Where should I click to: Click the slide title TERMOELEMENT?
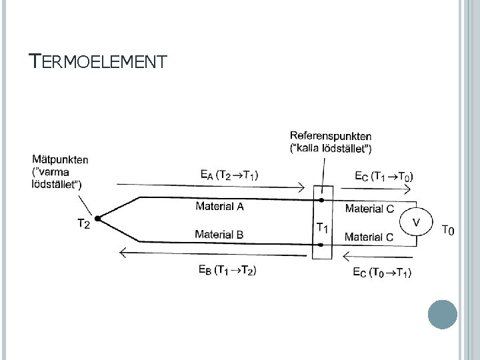click(x=98, y=63)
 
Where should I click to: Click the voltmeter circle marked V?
click(x=417, y=222)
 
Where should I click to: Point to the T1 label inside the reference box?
click(x=322, y=227)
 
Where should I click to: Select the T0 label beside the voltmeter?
click(x=449, y=231)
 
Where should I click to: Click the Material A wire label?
click(x=219, y=206)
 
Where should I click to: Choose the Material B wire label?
click(x=219, y=234)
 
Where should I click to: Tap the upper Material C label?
click(x=369, y=209)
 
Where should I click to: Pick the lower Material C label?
click(x=369, y=237)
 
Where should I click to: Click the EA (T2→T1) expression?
click(x=230, y=175)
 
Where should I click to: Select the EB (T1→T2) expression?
click(x=227, y=269)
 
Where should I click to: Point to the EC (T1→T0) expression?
click(x=383, y=176)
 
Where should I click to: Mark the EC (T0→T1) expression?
click(x=381, y=272)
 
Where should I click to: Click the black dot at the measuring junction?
click(x=98, y=219)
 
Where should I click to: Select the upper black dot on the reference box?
click(x=321, y=199)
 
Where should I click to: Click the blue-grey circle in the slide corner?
click(x=442, y=314)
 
